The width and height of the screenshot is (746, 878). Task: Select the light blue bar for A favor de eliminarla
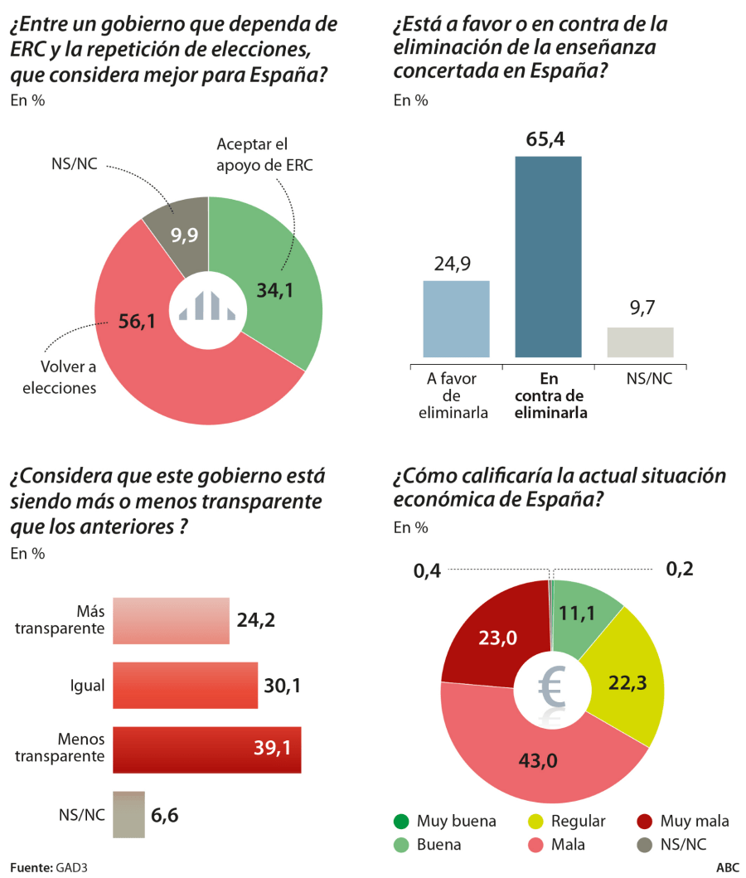[456, 318]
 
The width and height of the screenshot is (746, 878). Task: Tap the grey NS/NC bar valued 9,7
[640, 342]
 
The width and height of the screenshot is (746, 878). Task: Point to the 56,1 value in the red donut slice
[137, 323]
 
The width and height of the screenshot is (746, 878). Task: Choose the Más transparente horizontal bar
[171, 620]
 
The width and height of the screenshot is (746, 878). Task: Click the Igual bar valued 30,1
[185, 685]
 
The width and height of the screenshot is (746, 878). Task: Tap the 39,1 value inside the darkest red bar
[272, 749]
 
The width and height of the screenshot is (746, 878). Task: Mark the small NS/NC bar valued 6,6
[128, 814]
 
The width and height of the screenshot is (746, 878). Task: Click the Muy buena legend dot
[401, 822]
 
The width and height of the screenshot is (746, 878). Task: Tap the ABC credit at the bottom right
[727, 868]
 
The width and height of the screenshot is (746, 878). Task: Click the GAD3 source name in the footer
[72, 868]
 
